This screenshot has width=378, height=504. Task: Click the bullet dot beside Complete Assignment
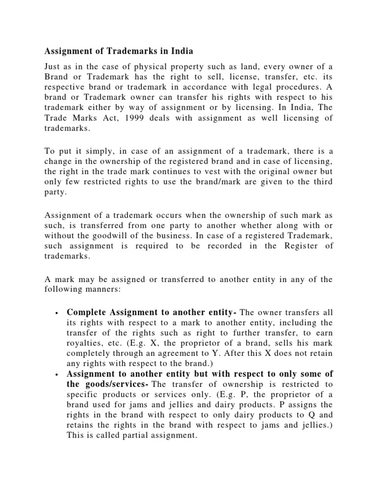click(58, 313)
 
